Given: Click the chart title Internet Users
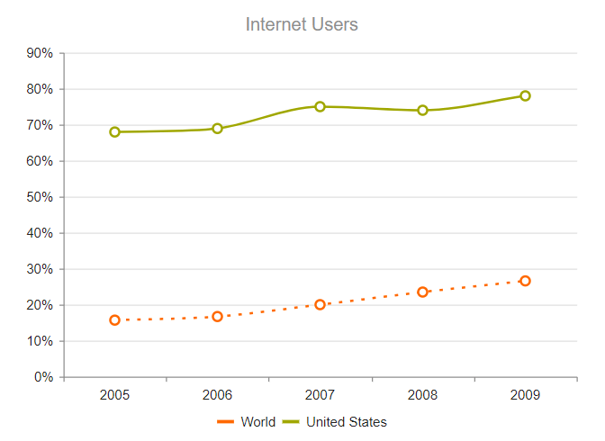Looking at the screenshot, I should pyautogui.click(x=302, y=24).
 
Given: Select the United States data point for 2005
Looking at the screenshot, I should pyautogui.click(x=115, y=132).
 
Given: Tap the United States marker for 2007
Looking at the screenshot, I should pyautogui.click(x=320, y=106).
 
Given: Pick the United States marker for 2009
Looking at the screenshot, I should pyautogui.click(x=525, y=95).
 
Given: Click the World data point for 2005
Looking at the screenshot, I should pyautogui.click(x=115, y=319).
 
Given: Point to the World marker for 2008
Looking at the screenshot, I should pyautogui.click(x=422, y=292).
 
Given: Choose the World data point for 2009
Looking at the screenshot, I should pyautogui.click(x=525, y=281).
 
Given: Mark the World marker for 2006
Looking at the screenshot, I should pyautogui.click(x=217, y=316).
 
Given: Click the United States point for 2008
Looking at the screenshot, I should pyautogui.click(x=422, y=111).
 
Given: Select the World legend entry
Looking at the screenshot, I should pyautogui.click(x=247, y=422).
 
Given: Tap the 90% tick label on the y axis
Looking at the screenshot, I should pyautogui.click(x=41, y=53).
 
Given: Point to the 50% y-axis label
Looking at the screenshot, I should pyautogui.click(x=41, y=197).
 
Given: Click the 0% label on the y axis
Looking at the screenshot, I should pyautogui.click(x=44, y=377).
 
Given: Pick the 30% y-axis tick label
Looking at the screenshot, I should pyautogui.click(x=41, y=269).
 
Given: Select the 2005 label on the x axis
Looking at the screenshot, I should pyautogui.click(x=115, y=395).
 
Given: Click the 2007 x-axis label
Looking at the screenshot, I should pyautogui.click(x=320, y=395).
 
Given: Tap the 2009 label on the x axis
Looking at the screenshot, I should pyautogui.click(x=525, y=395).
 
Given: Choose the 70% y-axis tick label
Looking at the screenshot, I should pyautogui.click(x=41, y=125).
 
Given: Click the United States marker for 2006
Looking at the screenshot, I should pyautogui.click(x=217, y=129).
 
